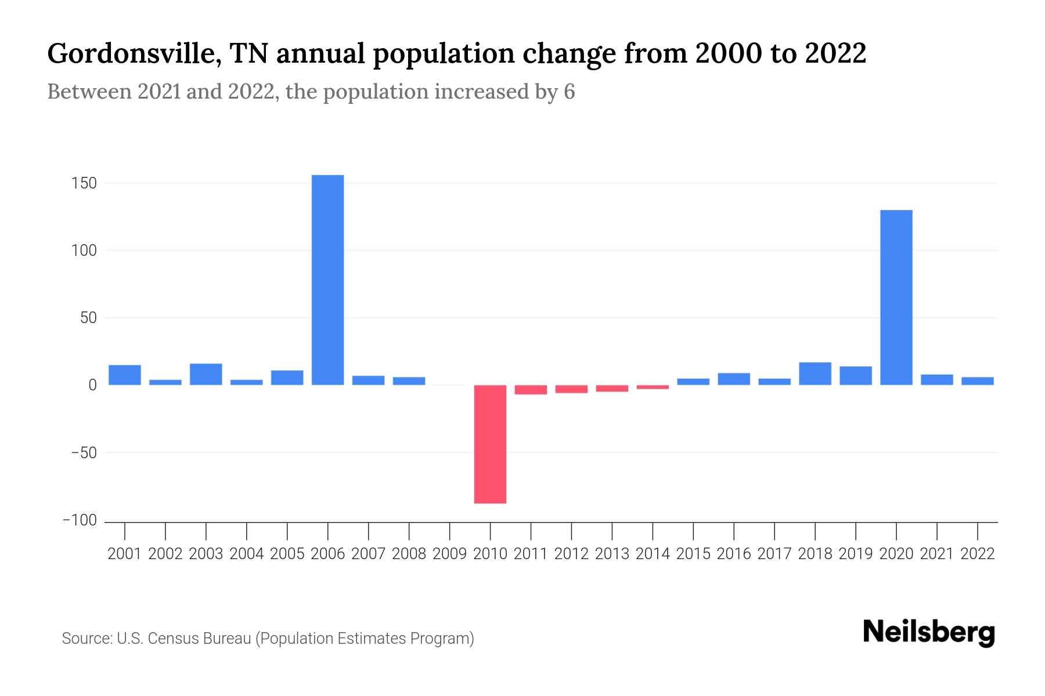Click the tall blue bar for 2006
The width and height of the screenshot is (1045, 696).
pos(327,280)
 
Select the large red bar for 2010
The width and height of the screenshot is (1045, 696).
pos(490,444)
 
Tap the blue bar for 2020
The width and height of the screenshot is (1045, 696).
pos(896,297)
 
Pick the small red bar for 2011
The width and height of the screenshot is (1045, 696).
pos(531,390)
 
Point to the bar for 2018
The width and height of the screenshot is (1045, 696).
pos(815,374)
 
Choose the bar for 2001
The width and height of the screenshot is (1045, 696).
pos(125,375)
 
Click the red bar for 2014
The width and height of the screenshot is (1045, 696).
pos(653,387)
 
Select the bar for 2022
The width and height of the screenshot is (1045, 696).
pos(977,381)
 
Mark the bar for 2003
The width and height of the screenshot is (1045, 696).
pos(206,374)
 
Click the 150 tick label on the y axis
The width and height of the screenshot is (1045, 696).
pos(84,184)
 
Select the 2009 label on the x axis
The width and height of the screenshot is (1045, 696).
pos(449,554)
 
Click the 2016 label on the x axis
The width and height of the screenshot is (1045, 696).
pos(734,554)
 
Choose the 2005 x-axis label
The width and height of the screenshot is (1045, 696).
pos(287,554)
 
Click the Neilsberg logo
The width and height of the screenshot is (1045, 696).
pos(928,633)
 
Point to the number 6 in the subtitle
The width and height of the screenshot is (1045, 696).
pos(569,92)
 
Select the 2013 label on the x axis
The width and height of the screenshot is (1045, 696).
pos(612,554)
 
